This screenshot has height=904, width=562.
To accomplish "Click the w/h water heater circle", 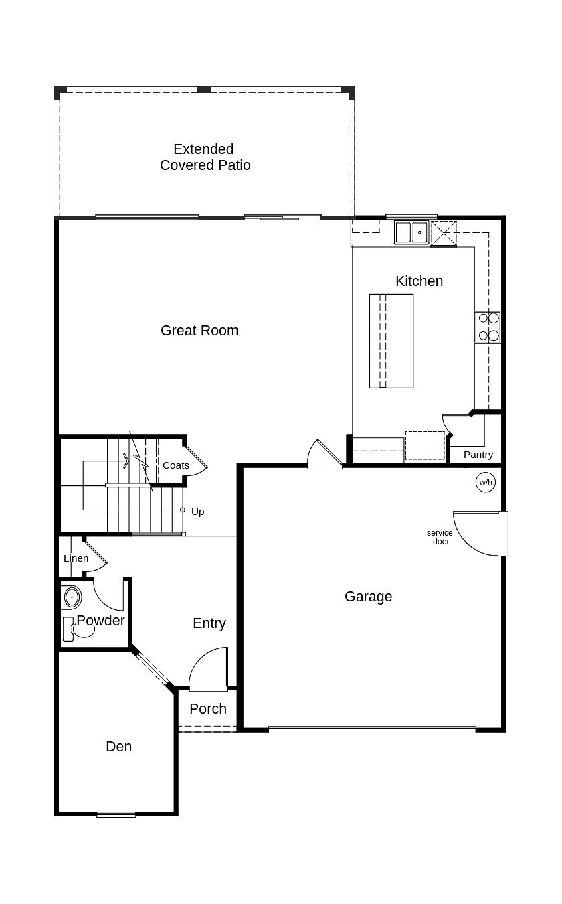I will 486,482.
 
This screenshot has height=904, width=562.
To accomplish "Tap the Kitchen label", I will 419,281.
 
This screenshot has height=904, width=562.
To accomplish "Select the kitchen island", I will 391,341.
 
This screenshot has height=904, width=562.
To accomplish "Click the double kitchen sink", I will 411,232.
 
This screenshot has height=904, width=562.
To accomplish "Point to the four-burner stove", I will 488,327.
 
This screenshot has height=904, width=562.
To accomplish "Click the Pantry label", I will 478,455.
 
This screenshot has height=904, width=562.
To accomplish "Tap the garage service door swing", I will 479,533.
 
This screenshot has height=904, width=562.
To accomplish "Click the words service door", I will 440,537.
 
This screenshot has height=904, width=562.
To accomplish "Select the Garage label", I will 368,597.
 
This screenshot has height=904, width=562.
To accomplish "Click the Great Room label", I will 199,331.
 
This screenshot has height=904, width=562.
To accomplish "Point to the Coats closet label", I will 176,465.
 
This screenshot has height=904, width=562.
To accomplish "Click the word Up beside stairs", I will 197,512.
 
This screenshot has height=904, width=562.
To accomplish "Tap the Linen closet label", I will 76,558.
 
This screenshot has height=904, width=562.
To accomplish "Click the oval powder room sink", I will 71,597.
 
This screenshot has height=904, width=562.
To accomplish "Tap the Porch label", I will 208,709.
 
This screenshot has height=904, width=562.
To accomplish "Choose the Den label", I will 118,747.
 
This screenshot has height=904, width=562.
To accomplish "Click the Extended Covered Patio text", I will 205,157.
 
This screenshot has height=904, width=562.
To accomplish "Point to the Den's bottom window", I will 116,814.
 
